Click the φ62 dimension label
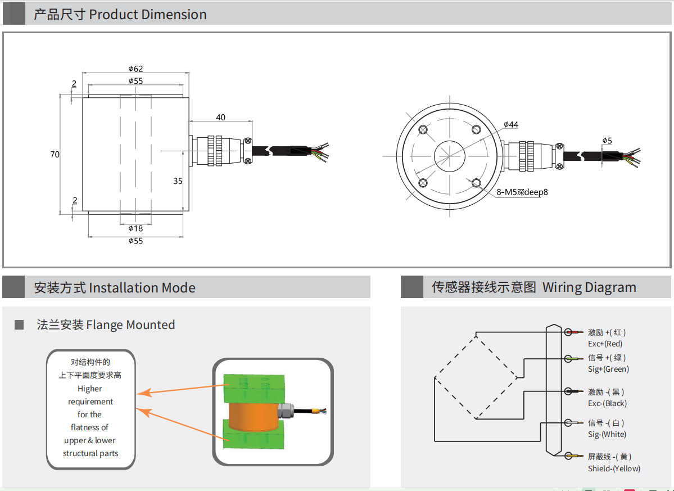[135, 69]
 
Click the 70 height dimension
[55, 155]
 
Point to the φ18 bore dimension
[135, 228]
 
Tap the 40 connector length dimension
[220, 118]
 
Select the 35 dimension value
[178, 181]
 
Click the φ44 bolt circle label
[511, 124]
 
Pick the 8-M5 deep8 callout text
[522, 192]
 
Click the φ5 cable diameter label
[607, 140]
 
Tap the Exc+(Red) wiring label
[605, 344]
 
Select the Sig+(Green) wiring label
[608, 369]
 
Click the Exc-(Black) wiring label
[607, 403]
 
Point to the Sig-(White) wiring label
[607, 434]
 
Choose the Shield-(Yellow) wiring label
[614, 469]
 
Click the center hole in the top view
[450, 155]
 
